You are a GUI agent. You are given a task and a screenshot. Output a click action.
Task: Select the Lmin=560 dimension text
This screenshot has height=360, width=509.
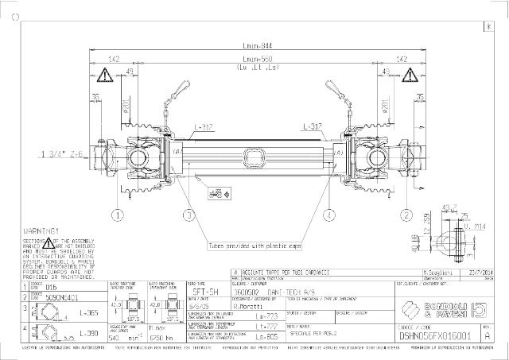[254, 60]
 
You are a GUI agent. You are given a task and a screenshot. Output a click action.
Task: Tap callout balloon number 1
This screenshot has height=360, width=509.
[118, 215]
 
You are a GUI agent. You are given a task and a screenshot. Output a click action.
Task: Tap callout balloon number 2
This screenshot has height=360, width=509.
[406, 215]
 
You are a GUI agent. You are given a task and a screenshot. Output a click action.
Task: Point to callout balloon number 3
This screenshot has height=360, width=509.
[188, 215]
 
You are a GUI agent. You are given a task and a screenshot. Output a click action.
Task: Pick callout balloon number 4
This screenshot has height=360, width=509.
[328, 215]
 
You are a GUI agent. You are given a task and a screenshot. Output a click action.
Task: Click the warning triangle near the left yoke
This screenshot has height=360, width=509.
[103, 77]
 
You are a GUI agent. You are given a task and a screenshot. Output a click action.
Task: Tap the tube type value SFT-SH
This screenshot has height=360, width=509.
[202, 292]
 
